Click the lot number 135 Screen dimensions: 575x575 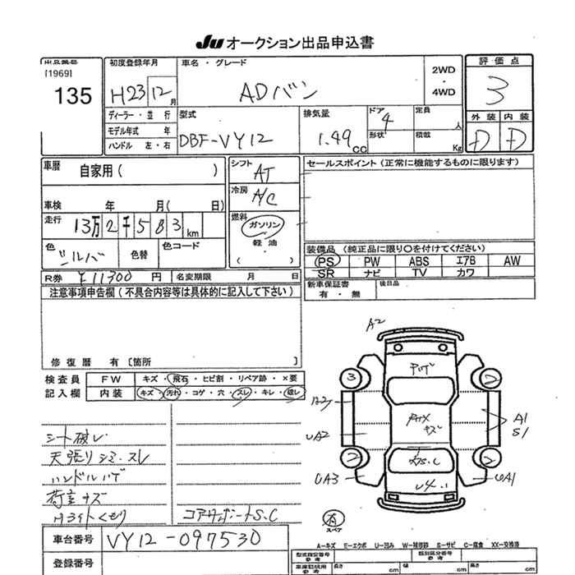(x=71, y=96)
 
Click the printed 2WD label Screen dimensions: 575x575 (x=443, y=71)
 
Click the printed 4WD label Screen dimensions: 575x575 (x=443, y=93)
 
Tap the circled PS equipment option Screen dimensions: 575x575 (x=325, y=260)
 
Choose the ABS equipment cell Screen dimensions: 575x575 (x=419, y=260)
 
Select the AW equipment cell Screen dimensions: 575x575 (x=513, y=260)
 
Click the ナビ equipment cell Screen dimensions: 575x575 (x=372, y=272)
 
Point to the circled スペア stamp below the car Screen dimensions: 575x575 (x=333, y=518)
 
